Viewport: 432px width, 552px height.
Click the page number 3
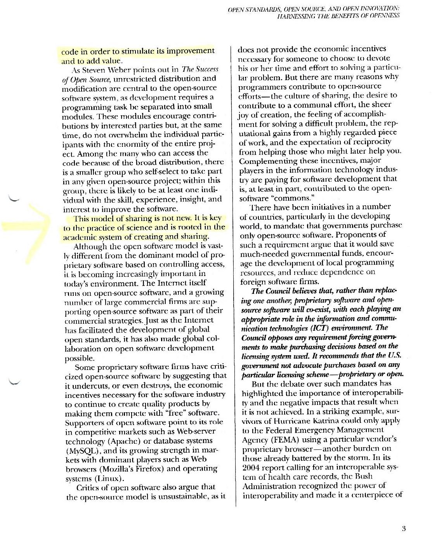pyautogui.click(x=404, y=528)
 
